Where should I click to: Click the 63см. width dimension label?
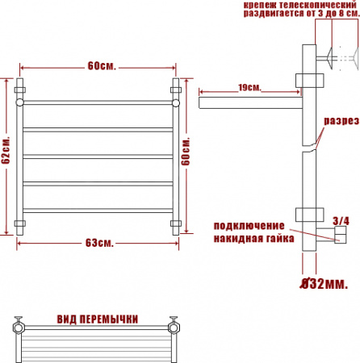(99, 243)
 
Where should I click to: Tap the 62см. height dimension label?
(6, 150)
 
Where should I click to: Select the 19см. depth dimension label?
(249, 87)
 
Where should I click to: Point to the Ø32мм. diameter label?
(324, 283)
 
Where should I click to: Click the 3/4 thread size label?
(341, 221)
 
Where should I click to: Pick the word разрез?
(341, 121)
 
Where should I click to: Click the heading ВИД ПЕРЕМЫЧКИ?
(98, 319)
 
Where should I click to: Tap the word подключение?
(249, 226)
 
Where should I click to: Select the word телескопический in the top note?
(318, 5)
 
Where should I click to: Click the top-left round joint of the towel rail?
(19, 102)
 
